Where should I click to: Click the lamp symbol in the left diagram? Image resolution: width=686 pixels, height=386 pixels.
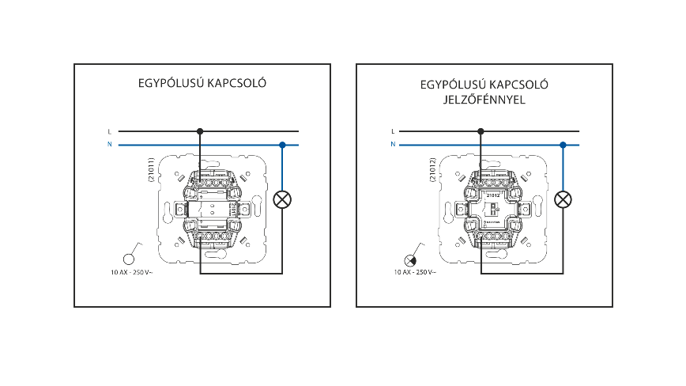tap(281, 199)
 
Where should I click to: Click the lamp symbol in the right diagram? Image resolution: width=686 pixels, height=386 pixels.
tap(563, 199)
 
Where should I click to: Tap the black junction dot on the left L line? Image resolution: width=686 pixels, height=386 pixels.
tap(201, 131)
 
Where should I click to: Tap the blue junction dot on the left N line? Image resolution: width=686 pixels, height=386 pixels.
tap(282, 145)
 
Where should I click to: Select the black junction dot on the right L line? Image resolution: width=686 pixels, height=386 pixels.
tap(481, 131)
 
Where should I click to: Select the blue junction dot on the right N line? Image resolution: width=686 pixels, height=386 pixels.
tap(563, 145)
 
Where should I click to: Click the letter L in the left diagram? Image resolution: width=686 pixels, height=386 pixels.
tap(109, 131)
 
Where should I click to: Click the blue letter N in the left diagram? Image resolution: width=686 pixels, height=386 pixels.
tap(109, 145)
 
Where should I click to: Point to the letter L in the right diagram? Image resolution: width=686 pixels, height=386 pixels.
tap(392, 131)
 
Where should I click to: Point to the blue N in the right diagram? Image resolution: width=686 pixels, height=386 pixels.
tap(392, 145)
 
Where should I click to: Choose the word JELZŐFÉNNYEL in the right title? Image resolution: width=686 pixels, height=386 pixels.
tap(484, 100)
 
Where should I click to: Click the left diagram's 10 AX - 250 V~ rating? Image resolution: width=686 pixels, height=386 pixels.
tap(136, 273)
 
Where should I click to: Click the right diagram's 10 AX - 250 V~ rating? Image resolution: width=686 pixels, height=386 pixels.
tap(416, 273)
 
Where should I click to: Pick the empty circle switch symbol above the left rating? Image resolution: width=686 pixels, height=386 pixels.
tap(130, 259)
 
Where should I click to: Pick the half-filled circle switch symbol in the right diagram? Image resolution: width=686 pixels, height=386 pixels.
tap(410, 260)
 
